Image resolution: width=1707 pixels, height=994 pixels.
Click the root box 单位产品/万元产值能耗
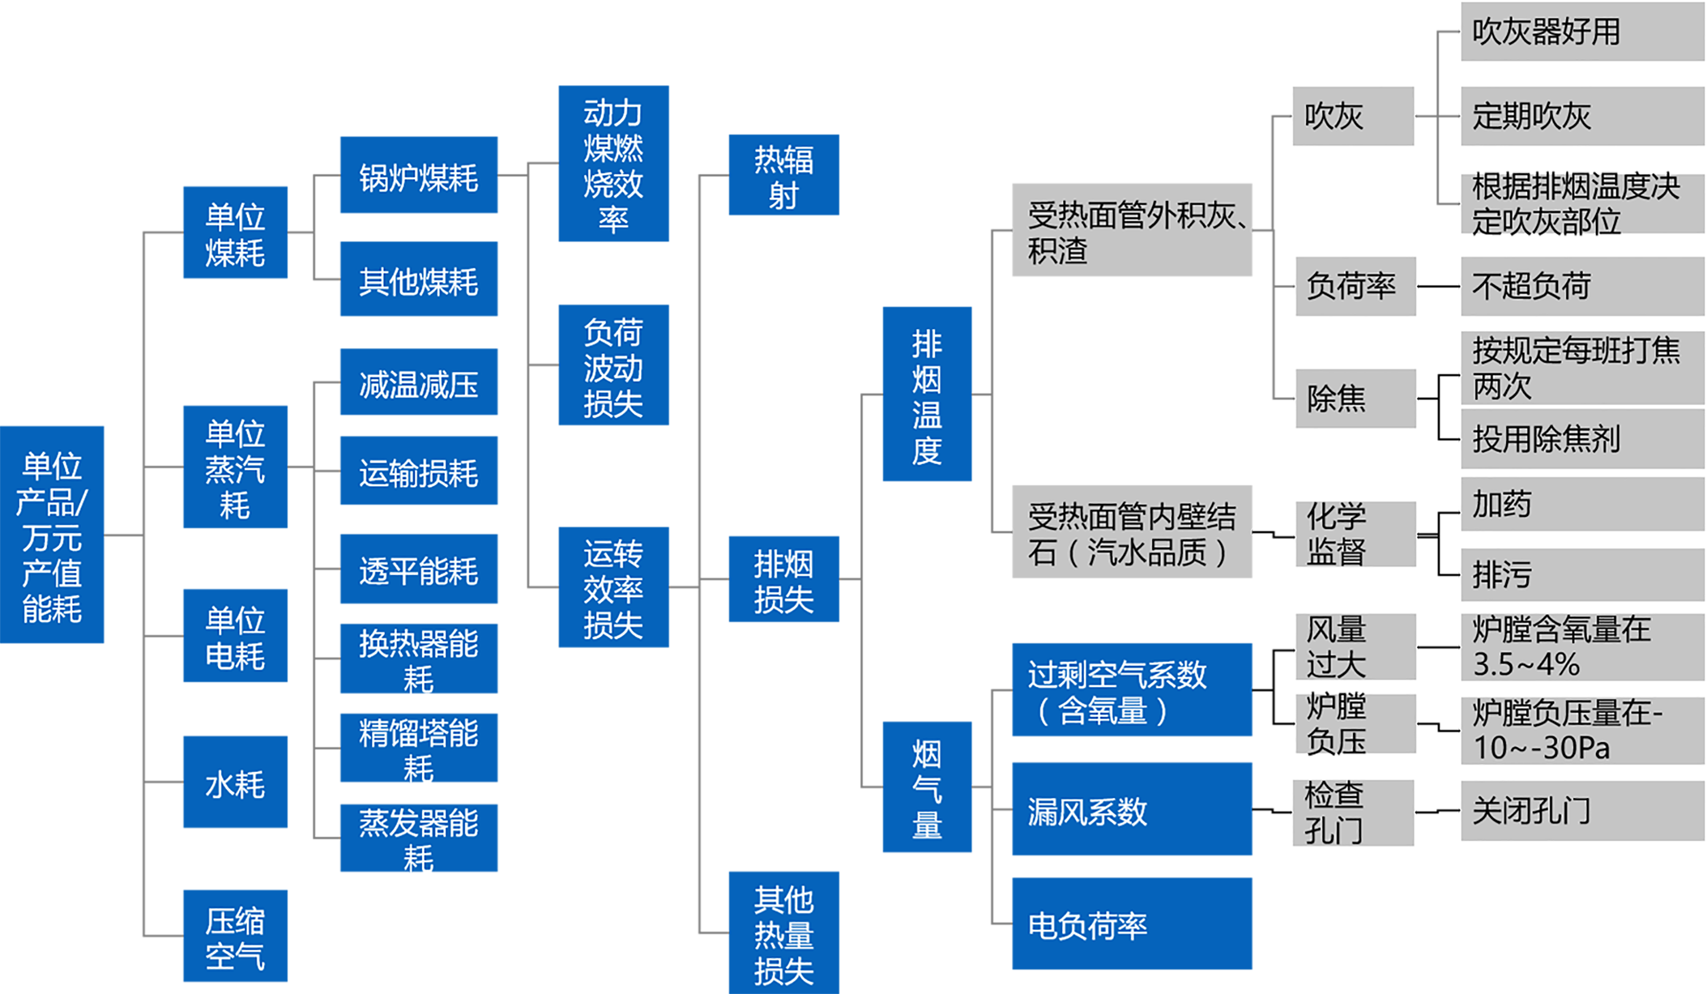(52, 534)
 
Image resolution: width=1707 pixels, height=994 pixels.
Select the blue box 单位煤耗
(235, 232)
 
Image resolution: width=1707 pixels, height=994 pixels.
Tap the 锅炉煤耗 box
(418, 175)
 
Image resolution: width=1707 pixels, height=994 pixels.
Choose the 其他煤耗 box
(418, 279)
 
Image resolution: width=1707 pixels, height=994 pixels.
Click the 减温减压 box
(418, 383)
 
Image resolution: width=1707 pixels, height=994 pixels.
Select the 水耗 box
(235, 782)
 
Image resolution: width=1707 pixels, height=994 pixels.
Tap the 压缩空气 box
(235, 936)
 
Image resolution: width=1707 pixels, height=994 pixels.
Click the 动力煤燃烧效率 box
(613, 164)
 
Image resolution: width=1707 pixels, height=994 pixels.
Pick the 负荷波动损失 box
(613, 365)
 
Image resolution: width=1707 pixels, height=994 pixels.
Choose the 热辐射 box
(783, 175)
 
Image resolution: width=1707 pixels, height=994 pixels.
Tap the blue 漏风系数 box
(1131, 809)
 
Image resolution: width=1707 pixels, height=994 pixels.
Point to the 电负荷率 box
(1131, 923)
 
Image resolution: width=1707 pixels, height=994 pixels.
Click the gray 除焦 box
(1355, 398)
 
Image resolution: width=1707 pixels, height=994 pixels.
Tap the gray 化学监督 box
(1355, 533)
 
